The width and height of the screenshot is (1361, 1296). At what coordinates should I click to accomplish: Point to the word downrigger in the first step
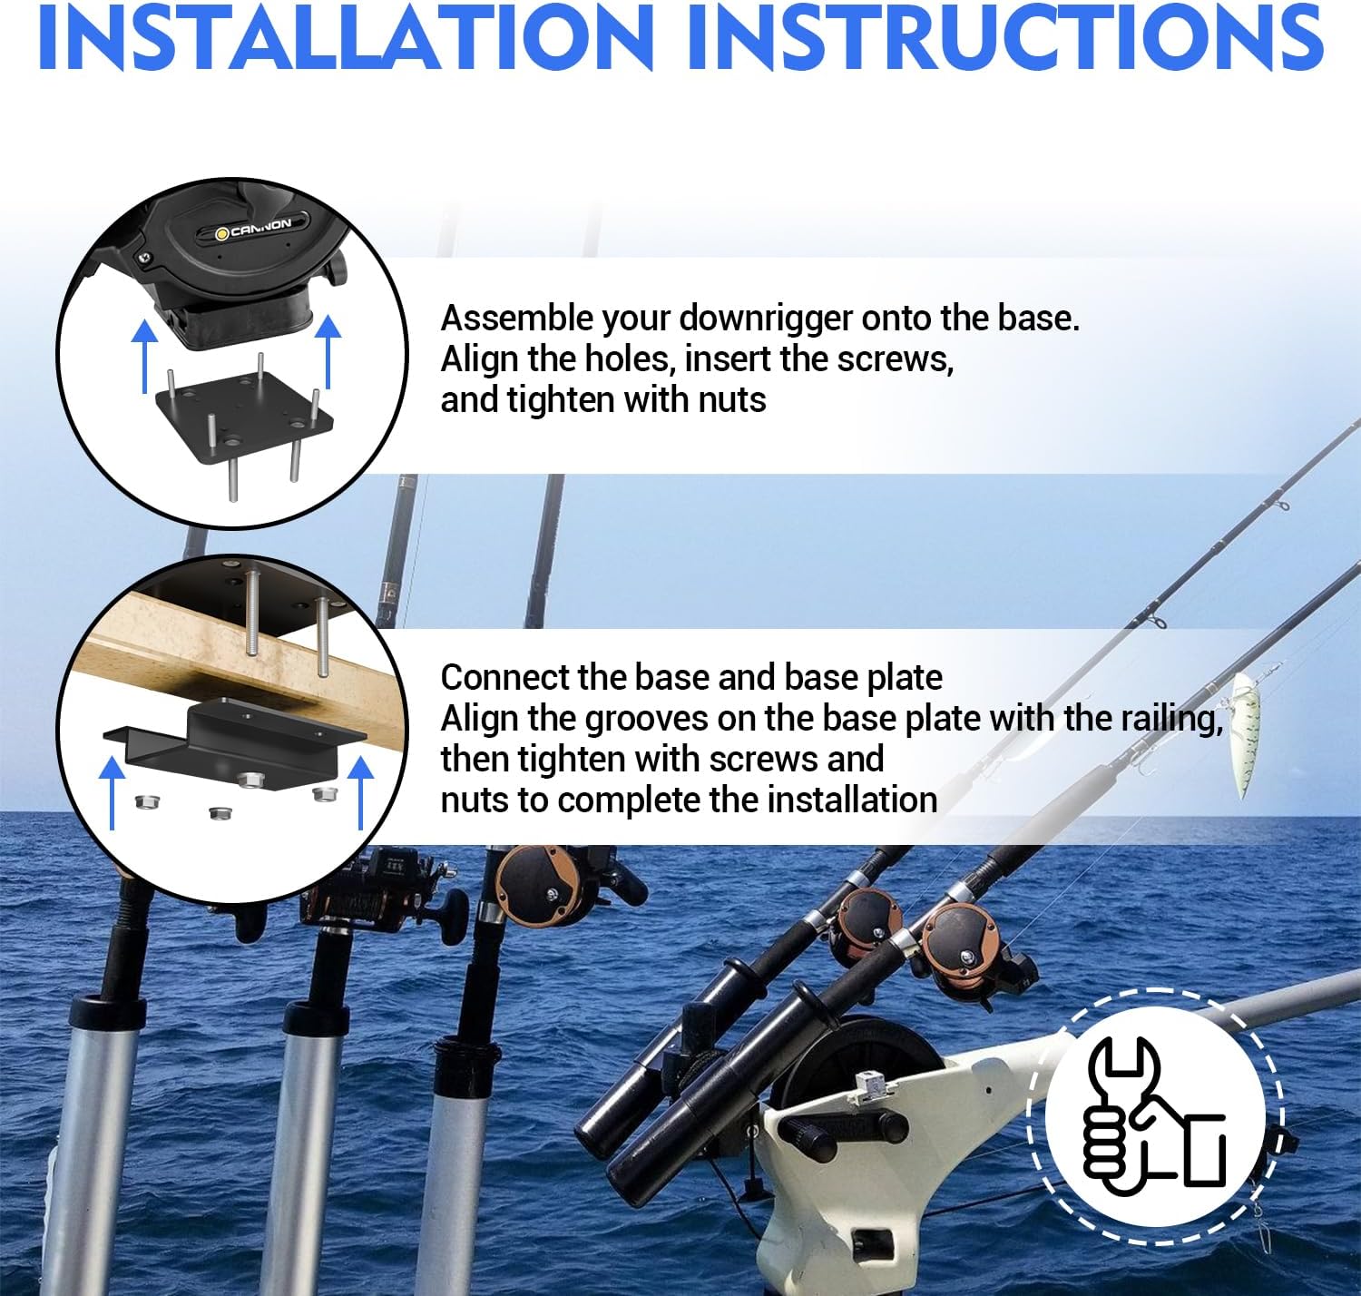coord(767,319)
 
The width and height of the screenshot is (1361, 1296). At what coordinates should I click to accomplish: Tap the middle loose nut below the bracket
coord(217,813)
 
